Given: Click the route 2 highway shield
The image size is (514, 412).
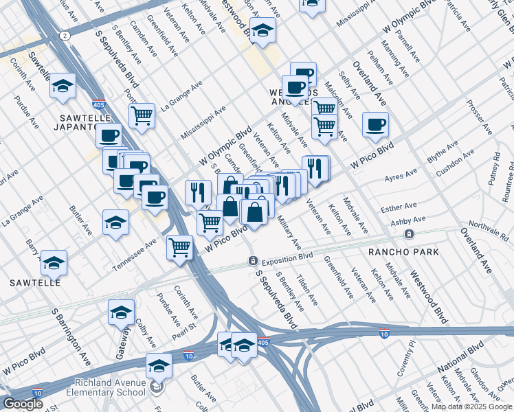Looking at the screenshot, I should click(64, 34).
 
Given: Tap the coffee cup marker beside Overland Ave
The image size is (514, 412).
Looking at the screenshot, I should click(375, 124).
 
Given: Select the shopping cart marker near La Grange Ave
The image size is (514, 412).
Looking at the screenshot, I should click(142, 115).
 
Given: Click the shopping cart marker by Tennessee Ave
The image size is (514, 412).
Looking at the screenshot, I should click(180, 246).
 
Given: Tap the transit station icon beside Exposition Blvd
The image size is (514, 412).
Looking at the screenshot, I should click(252, 261).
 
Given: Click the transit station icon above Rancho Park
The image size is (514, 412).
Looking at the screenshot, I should click(409, 234).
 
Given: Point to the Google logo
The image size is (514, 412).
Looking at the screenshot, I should click(23, 404).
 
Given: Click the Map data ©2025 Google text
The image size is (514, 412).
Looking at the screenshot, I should click(471, 407).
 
